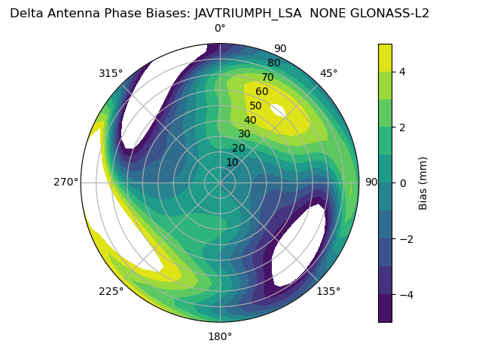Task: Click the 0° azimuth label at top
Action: pyautogui.click(x=220, y=29)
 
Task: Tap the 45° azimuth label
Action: pyautogui.click(x=328, y=74)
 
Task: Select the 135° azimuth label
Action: pyautogui.click(x=328, y=291)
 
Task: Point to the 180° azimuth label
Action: pyautogui.click(x=220, y=336)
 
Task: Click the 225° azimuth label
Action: pyautogui.click(x=111, y=292)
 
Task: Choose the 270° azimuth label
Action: pyautogui.click(x=66, y=183)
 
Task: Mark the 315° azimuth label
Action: pyautogui.click(x=111, y=74)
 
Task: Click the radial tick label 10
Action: pyautogui.click(x=232, y=162)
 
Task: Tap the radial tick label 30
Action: pyautogui.click(x=244, y=134)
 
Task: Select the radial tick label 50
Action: pyautogui.click(x=256, y=106)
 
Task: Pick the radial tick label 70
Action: pyautogui.click(x=267, y=78)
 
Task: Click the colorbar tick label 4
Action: pyautogui.click(x=403, y=72)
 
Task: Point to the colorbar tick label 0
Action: pyautogui.click(x=403, y=183)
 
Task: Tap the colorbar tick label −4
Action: pyautogui.click(x=406, y=294)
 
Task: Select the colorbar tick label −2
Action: pyautogui.click(x=406, y=238)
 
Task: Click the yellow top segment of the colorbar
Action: pyautogui.click(x=385, y=57)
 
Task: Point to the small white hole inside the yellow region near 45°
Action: pyautogui.click(x=277, y=110)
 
